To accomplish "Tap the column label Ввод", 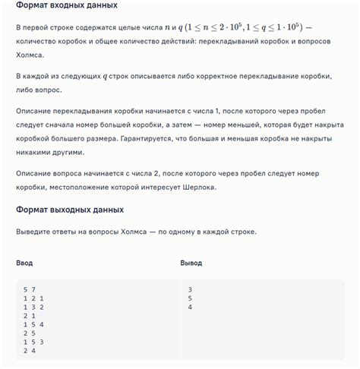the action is [24, 263].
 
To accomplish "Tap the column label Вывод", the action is [191, 263].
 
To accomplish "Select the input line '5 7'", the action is [30, 289].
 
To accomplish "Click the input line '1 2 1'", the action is [33, 298].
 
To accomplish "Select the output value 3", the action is [190, 289].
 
